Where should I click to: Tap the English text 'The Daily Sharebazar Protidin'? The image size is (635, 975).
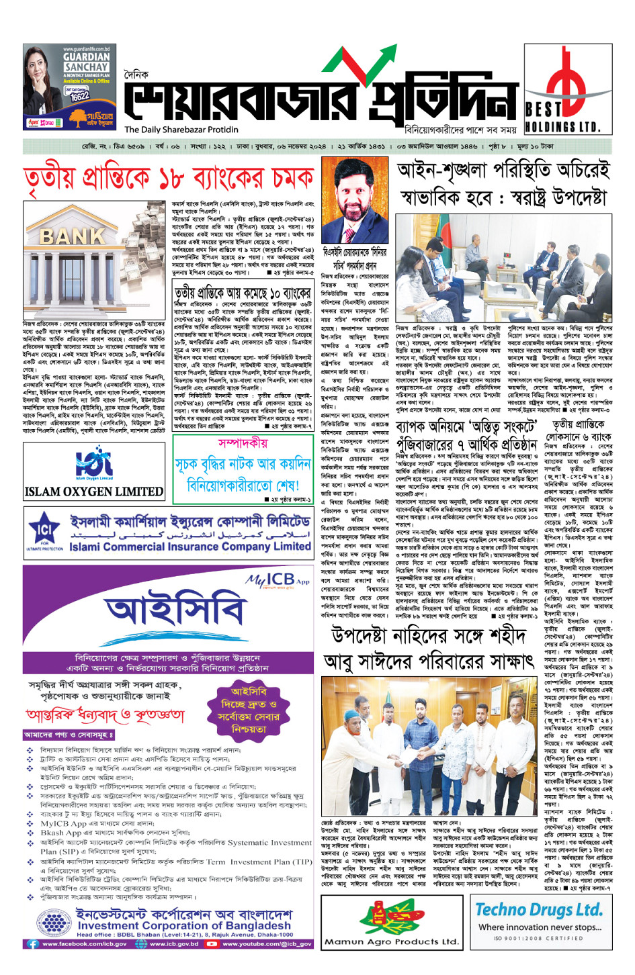pyautogui.click(x=181, y=130)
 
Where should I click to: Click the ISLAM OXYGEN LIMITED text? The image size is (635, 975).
pyautogui.click(x=93, y=492)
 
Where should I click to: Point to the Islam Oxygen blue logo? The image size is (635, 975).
pyautogui.click(x=93, y=461)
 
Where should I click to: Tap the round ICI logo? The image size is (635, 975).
pyautogui.click(x=44, y=532)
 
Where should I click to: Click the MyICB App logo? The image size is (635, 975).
pyautogui.click(x=277, y=579)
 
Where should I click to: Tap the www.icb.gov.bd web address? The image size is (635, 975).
pyautogui.click(x=174, y=943)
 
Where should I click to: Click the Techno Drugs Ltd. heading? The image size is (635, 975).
pyautogui.click(x=539, y=910)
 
